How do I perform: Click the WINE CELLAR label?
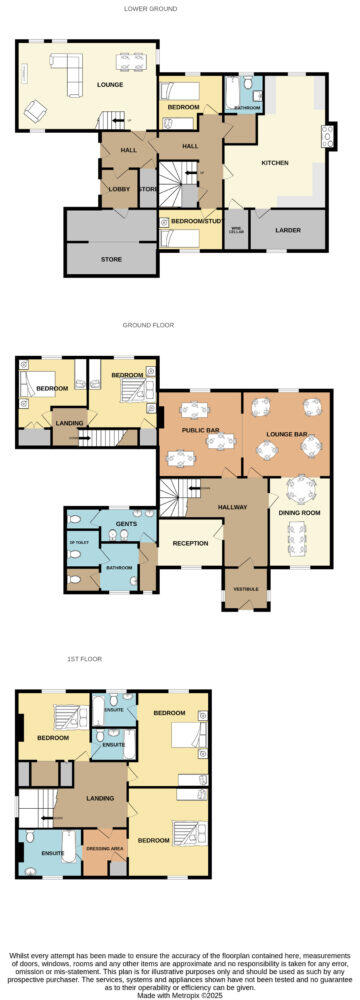tap(236, 229)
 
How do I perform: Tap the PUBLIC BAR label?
tap(200, 430)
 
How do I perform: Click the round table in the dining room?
tap(299, 490)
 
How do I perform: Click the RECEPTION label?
tap(190, 543)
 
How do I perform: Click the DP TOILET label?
tap(79, 543)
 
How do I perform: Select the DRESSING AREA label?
tap(104, 848)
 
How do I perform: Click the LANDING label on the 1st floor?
tap(100, 798)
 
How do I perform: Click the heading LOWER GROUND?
tap(151, 8)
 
